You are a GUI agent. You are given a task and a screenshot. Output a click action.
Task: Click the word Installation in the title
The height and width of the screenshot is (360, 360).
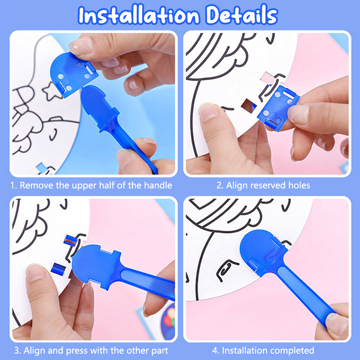point(139,15)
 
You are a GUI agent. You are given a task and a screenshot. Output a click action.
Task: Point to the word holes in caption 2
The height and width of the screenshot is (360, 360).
point(299,185)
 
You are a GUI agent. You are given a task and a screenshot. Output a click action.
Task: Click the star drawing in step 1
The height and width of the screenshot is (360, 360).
point(51,91)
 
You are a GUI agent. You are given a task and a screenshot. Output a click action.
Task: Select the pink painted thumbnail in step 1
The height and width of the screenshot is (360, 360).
point(78,45)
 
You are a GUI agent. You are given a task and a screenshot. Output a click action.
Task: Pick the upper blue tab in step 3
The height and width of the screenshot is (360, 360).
point(71,240)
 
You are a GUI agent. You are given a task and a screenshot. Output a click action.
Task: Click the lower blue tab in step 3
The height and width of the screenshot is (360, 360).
point(58,269)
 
